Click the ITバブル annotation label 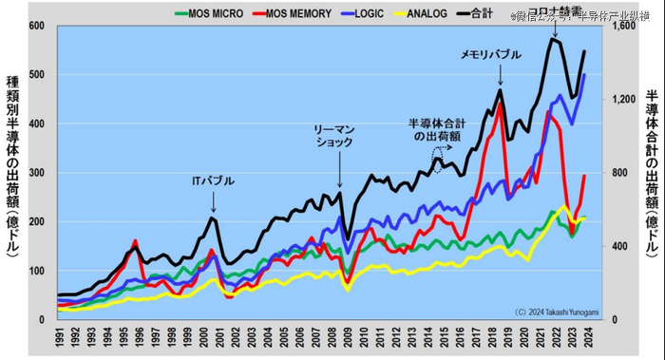click(x=213, y=180)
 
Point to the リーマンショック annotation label click(x=333, y=135)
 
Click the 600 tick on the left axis click(x=37, y=26)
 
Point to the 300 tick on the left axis click(x=37, y=173)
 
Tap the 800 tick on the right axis click(x=617, y=173)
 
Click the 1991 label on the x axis click(x=59, y=338)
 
